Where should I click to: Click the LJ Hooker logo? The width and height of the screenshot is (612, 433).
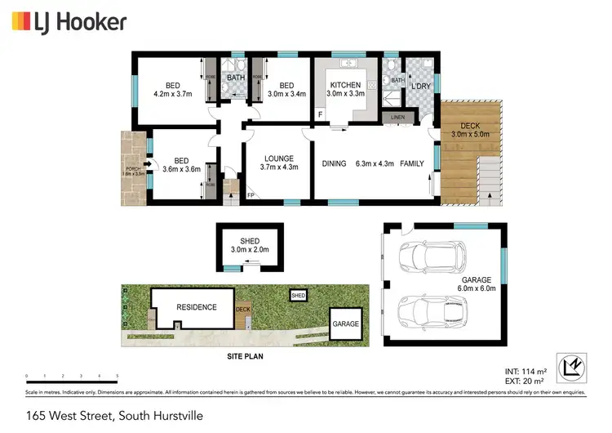69,22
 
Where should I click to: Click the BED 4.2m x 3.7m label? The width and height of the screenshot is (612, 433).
172,89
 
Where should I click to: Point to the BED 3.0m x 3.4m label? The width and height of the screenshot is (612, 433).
286,89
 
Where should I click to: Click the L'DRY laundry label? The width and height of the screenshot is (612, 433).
421,86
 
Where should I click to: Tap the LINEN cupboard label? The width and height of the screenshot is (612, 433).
397,118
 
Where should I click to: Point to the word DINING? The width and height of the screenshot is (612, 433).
334,163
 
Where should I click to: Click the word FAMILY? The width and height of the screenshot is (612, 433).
410,163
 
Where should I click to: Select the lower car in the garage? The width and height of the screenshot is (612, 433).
432,310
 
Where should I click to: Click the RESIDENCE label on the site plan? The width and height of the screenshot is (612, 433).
197,307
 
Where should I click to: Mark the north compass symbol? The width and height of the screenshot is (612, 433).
572,366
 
